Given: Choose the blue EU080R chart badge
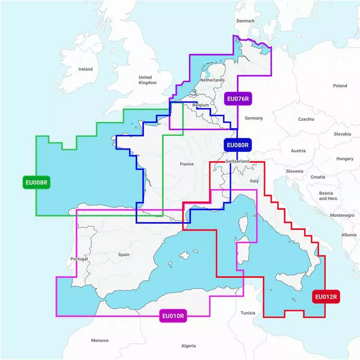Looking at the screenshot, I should click(x=237, y=145).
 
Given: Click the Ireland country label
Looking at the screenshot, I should click(x=85, y=69).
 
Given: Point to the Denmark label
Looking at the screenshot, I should click(x=246, y=21).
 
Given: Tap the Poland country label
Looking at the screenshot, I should click(x=340, y=85).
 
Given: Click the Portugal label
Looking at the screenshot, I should click(x=79, y=259).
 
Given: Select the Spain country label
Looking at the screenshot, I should click(x=124, y=255).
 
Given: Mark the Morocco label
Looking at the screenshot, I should click(x=100, y=340).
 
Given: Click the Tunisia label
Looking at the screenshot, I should click(x=247, y=313).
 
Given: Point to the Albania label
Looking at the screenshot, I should click(x=348, y=235).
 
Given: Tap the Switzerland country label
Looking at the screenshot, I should click(x=237, y=161).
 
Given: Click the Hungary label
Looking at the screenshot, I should click(x=345, y=159).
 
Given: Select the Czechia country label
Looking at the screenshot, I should click(x=306, y=119).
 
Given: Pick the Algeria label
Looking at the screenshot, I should click(x=188, y=346).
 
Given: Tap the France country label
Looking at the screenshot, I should click(x=187, y=164).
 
